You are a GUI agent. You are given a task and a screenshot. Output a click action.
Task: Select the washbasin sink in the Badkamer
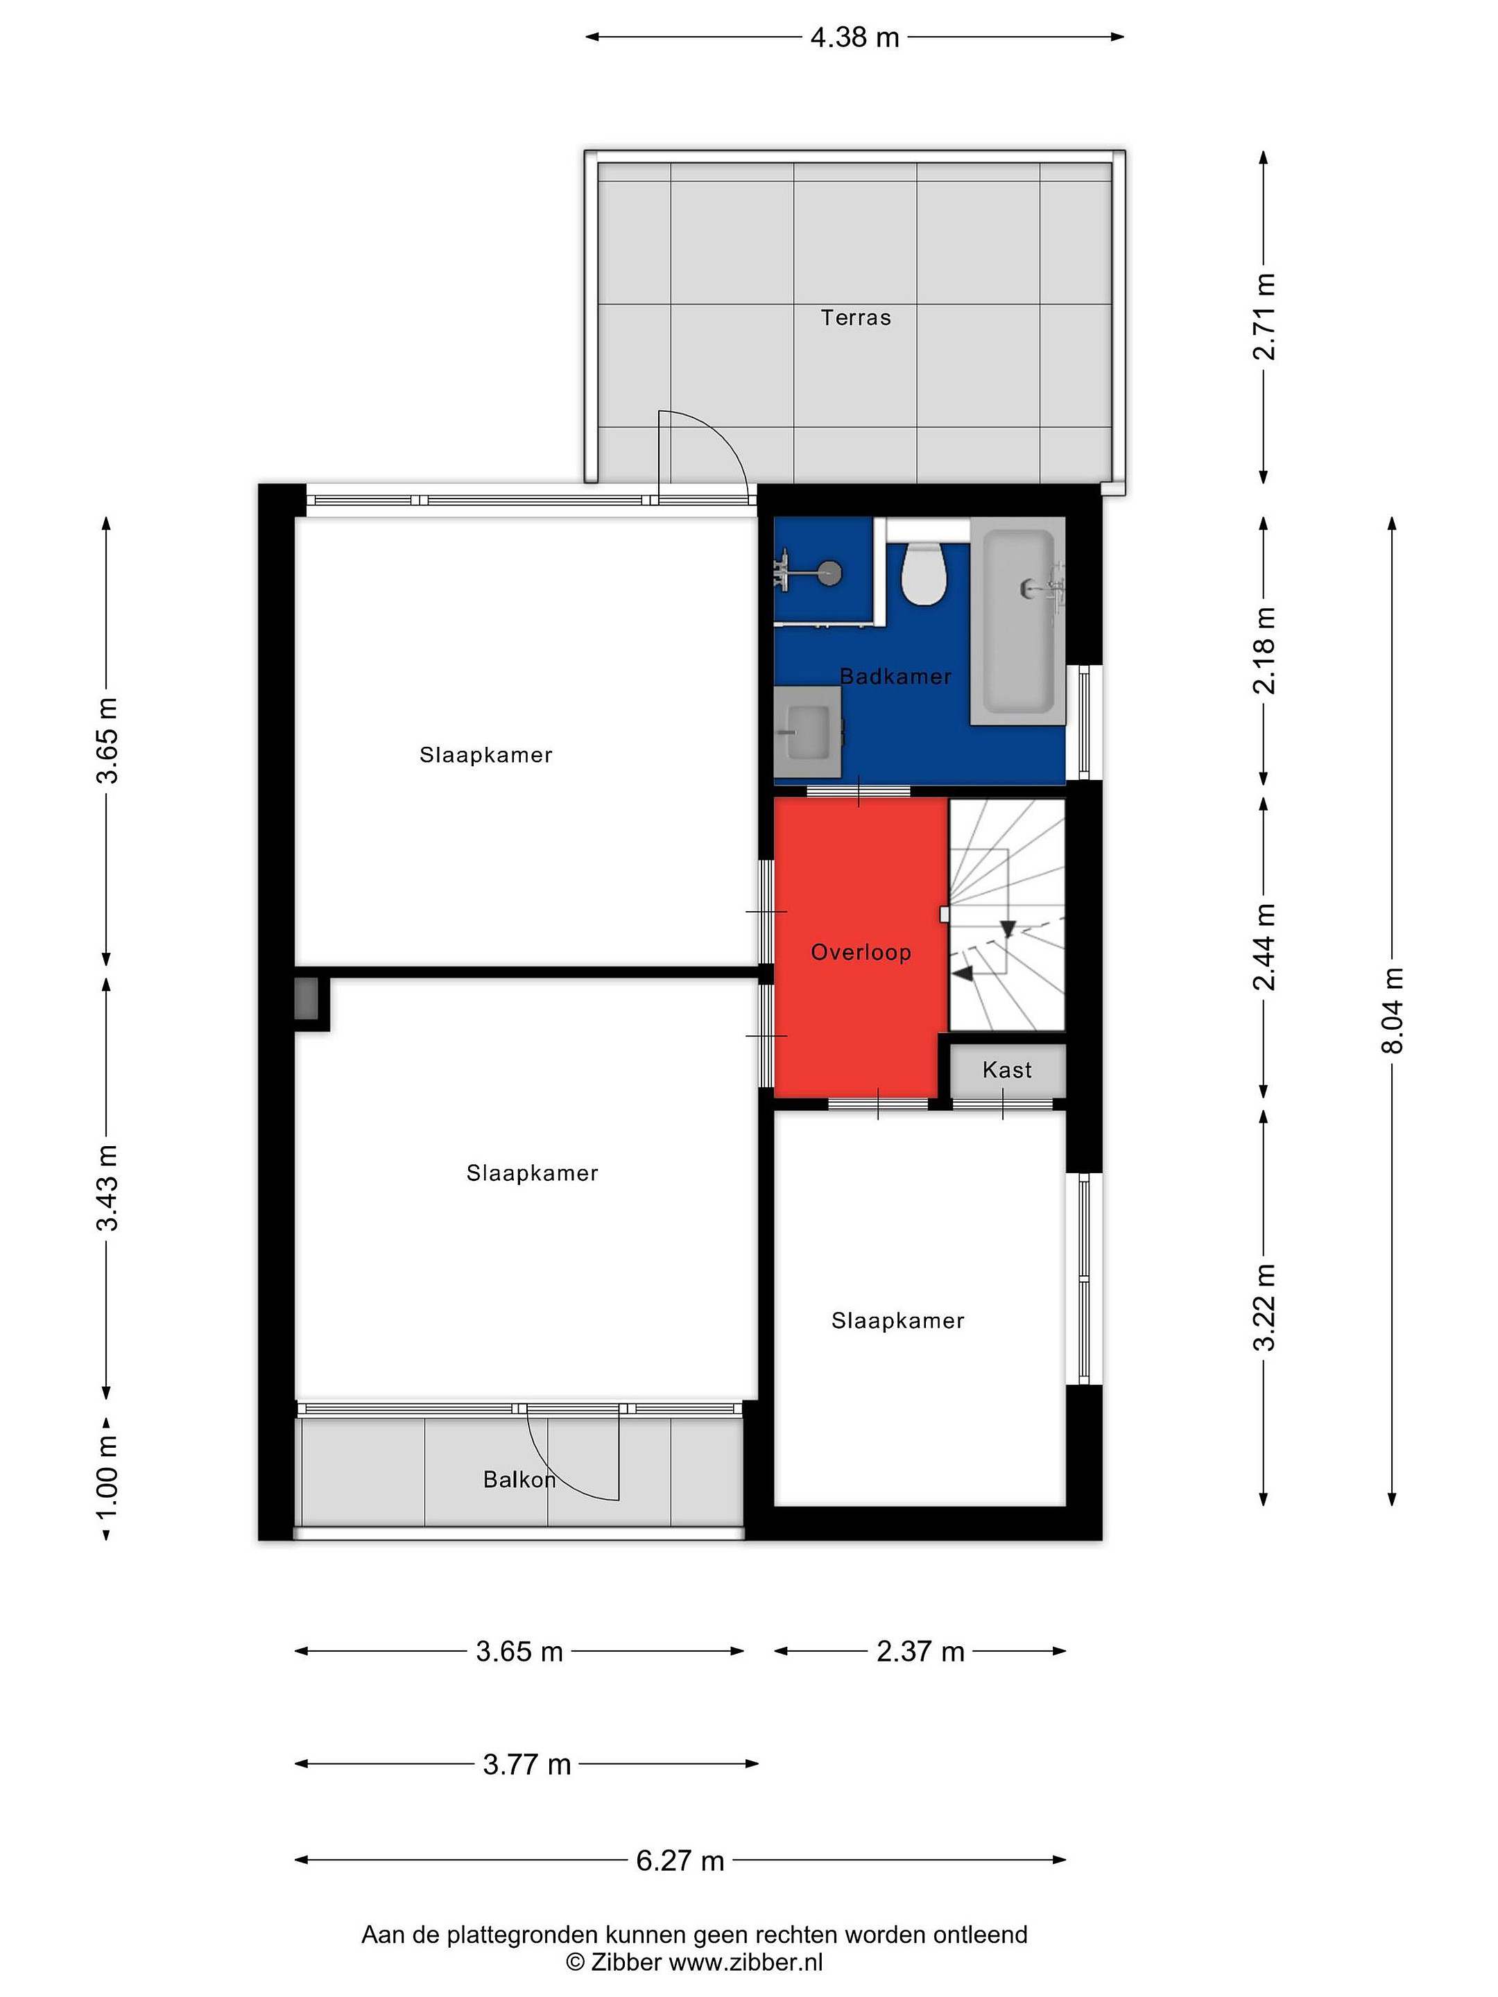tap(807, 732)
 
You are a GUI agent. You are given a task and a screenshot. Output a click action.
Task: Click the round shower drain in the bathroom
tap(831, 571)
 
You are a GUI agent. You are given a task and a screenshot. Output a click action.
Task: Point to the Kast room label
tap(1007, 1070)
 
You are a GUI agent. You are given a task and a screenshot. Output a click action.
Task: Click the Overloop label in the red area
tap(861, 953)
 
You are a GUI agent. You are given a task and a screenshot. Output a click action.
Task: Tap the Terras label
tap(855, 318)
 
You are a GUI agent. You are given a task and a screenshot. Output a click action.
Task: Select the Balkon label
tap(519, 1479)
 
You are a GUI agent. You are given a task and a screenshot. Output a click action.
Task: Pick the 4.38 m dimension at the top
tap(854, 37)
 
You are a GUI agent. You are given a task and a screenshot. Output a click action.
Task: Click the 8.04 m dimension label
tap(1393, 1010)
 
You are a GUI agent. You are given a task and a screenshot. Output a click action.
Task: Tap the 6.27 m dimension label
tap(680, 1860)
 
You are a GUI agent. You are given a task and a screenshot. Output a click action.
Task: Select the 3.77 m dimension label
tap(527, 1764)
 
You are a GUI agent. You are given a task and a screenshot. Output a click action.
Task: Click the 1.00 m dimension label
tap(107, 1480)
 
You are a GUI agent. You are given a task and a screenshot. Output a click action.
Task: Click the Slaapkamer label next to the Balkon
tap(532, 1173)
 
